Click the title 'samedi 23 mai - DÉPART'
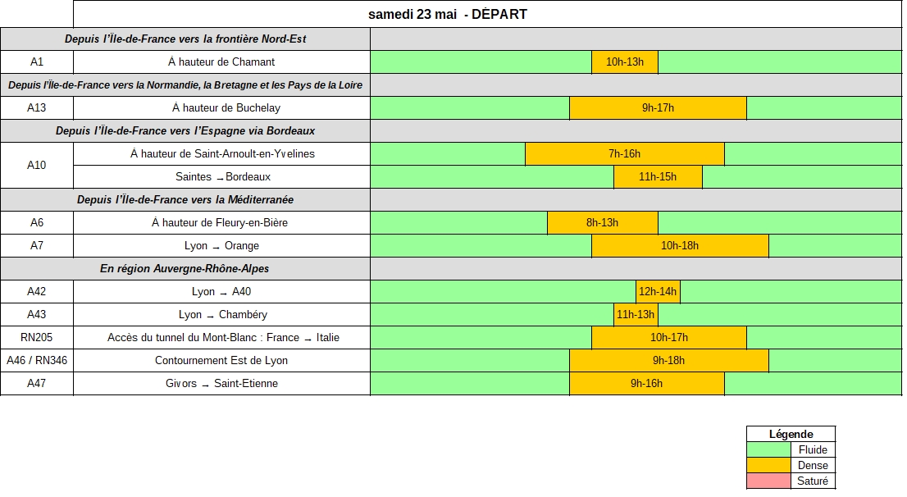(448, 15)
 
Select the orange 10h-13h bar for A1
(625, 62)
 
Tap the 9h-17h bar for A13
(658, 108)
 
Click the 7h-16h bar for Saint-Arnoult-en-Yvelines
(625, 154)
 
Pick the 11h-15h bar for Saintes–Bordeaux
(658, 177)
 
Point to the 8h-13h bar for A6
(602, 223)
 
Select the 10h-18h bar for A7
(680, 246)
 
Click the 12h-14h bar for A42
(658, 292)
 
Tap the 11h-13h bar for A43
(636, 315)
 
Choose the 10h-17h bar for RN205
(668, 337)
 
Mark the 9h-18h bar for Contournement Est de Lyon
(668, 361)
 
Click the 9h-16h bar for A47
(647, 384)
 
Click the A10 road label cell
(36, 166)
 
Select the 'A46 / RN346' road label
(36, 361)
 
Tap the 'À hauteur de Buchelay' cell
(222, 108)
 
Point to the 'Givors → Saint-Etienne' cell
(222, 384)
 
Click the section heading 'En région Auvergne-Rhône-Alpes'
(185, 268)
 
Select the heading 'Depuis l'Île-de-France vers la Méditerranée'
(185, 199)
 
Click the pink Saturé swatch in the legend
(768, 481)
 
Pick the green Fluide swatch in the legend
(768, 449)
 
